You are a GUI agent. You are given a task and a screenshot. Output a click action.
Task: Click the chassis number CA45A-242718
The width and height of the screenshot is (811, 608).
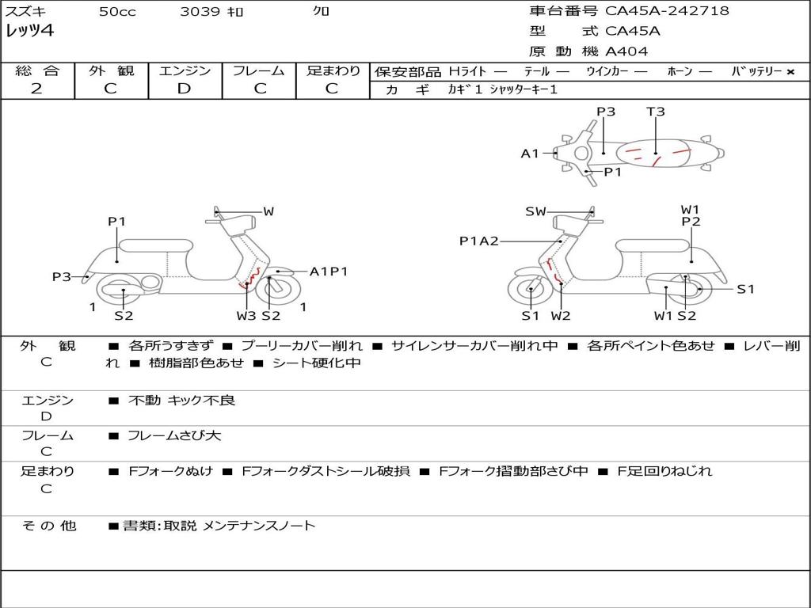tap(667, 11)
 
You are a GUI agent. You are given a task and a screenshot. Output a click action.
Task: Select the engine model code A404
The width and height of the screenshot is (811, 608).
tap(626, 51)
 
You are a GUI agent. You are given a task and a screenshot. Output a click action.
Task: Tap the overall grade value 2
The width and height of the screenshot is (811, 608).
tap(36, 89)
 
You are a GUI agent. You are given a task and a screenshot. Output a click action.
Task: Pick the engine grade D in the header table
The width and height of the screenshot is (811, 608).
tap(184, 89)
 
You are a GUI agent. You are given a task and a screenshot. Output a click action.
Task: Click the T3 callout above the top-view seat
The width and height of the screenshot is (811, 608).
tap(655, 112)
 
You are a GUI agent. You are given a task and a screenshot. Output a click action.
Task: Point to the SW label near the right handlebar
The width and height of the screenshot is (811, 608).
tap(535, 211)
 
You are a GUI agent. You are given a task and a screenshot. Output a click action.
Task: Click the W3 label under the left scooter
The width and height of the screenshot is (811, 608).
tap(246, 315)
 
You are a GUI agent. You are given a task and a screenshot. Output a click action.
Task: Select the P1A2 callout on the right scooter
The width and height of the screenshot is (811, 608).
tap(479, 241)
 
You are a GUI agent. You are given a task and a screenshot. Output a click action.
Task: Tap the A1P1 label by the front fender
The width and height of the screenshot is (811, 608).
tap(329, 272)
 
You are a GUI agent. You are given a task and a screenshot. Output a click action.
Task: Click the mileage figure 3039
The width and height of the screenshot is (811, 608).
tap(200, 11)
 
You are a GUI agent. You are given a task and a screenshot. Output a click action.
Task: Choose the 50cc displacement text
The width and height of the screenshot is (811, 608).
tap(117, 11)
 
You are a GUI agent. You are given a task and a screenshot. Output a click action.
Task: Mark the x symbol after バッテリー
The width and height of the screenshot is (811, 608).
tap(790, 72)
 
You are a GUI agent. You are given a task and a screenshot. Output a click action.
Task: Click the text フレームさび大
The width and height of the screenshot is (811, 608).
tap(174, 435)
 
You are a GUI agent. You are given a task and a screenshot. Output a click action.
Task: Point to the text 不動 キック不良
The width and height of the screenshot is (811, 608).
tap(181, 400)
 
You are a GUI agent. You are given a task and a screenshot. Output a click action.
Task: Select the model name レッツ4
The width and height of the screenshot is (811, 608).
tap(29, 31)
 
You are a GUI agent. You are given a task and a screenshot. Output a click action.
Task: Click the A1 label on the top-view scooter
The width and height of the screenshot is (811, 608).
tap(530, 154)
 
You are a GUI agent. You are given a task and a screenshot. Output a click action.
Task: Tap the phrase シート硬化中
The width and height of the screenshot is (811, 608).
tap(317, 363)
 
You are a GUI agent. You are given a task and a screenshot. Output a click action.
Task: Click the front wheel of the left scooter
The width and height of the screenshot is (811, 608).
tap(279, 291)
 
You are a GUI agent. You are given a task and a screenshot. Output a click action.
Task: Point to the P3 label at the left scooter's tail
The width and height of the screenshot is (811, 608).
tap(62, 277)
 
